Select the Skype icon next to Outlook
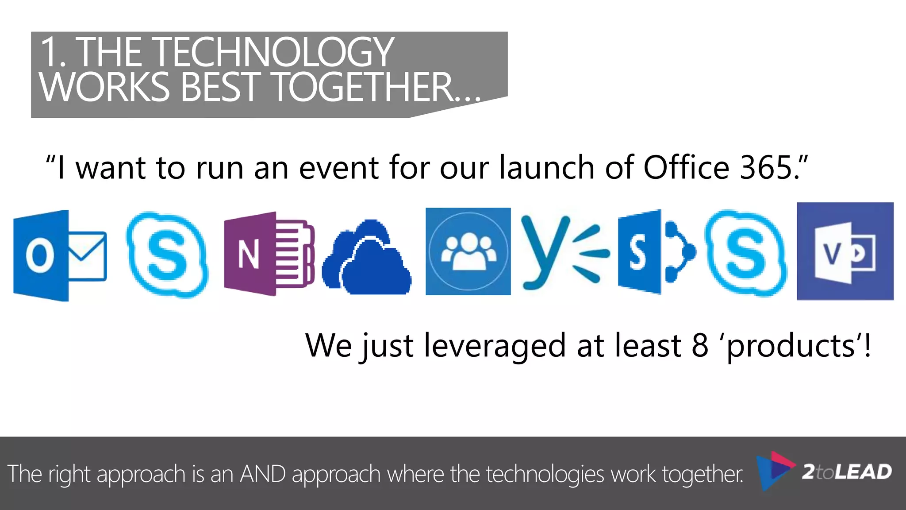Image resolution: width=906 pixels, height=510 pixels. [167, 255]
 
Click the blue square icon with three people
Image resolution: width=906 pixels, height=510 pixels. [468, 251]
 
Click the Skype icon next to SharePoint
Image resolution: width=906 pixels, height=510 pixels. [746, 253]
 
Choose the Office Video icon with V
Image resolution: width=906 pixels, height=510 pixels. [845, 251]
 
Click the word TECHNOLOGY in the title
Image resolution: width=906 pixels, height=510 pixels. [279, 52]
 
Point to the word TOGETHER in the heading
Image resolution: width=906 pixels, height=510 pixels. [363, 87]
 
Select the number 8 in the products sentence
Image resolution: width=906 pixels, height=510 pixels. [700, 346]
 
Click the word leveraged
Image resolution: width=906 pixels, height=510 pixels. [495, 346]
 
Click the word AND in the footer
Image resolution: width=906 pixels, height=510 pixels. [263, 474]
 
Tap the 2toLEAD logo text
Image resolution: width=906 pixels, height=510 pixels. [847, 472]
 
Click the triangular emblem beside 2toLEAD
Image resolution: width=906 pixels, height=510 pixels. [774, 471]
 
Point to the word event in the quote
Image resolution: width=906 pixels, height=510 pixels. [339, 168]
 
